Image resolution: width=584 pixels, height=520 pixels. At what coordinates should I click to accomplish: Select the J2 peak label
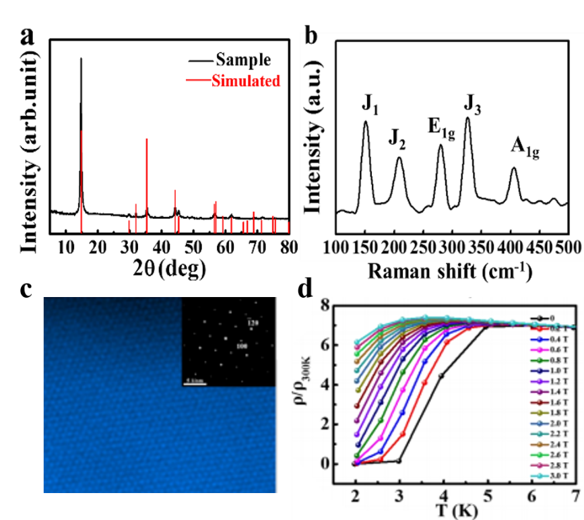click(397, 139)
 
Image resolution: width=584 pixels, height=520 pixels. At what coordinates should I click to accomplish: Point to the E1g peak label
click(441, 129)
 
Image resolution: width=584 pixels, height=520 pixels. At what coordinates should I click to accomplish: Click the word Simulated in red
click(245, 82)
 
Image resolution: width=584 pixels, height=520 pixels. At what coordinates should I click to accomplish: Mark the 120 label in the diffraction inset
click(253, 324)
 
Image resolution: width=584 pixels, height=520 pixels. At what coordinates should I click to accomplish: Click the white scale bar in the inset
click(195, 385)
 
